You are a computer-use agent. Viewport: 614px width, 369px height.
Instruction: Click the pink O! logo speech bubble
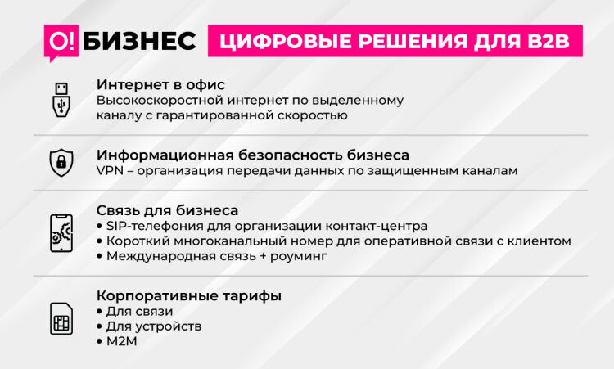(x=61, y=42)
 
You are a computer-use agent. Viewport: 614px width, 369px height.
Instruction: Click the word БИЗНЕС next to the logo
(x=139, y=41)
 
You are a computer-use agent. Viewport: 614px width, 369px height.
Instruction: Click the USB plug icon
(x=61, y=100)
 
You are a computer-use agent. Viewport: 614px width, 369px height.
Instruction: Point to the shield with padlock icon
(x=61, y=162)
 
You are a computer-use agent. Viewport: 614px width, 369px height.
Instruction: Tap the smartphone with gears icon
(x=61, y=233)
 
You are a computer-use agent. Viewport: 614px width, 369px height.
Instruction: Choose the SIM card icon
(x=61, y=318)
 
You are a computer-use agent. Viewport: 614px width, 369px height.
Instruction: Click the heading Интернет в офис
(x=161, y=84)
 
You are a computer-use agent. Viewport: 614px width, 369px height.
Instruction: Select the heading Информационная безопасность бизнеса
(x=253, y=155)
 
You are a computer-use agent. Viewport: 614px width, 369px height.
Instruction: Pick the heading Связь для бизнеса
(x=167, y=210)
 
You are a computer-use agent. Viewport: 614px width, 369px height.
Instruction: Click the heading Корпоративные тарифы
(x=189, y=296)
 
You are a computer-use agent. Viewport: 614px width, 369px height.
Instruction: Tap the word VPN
(x=110, y=171)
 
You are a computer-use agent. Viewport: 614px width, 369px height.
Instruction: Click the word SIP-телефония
(x=155, y=226)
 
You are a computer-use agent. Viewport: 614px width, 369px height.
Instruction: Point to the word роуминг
(x=298, y=256)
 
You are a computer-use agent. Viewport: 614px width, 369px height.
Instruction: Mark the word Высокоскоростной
(x=160, y=101)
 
